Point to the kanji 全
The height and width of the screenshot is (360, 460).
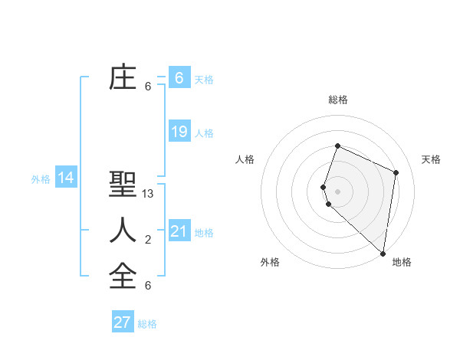(x=123, y=275)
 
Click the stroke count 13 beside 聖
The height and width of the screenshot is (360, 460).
(x=148, y=194)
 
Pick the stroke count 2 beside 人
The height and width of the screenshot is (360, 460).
(x=148, y=240)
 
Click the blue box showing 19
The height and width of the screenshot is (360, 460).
(x=179, y=132)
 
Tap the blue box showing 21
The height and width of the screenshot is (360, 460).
(x=179, y=231)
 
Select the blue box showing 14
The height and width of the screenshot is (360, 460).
(x=66, y=178)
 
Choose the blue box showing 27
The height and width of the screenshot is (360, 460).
(x=123, y=322)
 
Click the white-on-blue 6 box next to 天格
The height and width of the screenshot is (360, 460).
(x=179, y=78)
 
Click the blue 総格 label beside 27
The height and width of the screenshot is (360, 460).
(x=147, y=324)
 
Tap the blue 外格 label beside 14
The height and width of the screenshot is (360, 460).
(x=41, y=179)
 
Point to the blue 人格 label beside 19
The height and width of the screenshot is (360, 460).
(x=204, y=133)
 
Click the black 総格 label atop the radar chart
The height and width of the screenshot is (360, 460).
(x=338, y=100)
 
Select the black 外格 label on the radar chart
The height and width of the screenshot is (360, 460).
(x=270, y=262)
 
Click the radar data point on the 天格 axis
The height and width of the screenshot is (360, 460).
(x=396, y=172)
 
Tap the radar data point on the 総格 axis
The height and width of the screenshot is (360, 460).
(x=337, y=146)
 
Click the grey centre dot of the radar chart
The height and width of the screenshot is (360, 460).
(x=337, y=191)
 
